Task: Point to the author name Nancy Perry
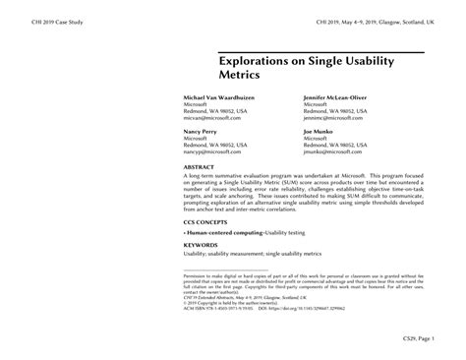pos(202,131)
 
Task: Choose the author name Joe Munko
pos(320,131)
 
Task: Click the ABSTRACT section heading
pos(200,168)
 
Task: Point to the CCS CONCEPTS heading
pos(208,222)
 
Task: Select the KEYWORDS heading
pos(202,246)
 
